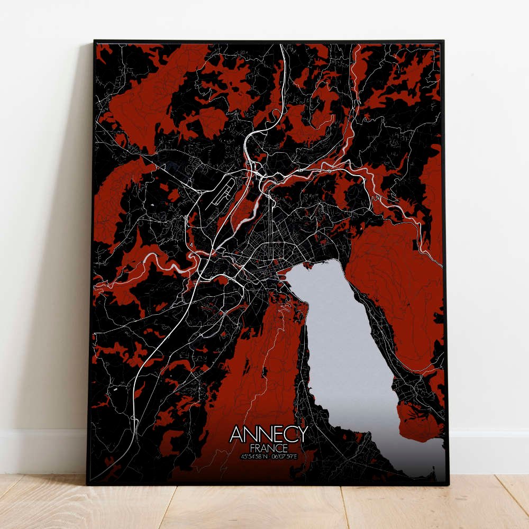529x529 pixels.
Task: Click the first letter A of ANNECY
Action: tap(236, 434)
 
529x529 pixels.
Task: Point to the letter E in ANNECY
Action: tap(275, 434)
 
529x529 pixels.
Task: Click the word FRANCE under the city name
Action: tap(269, 448)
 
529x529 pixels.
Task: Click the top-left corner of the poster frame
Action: tap(94, 41)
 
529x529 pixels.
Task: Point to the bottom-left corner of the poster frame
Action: tap(87, 484)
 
